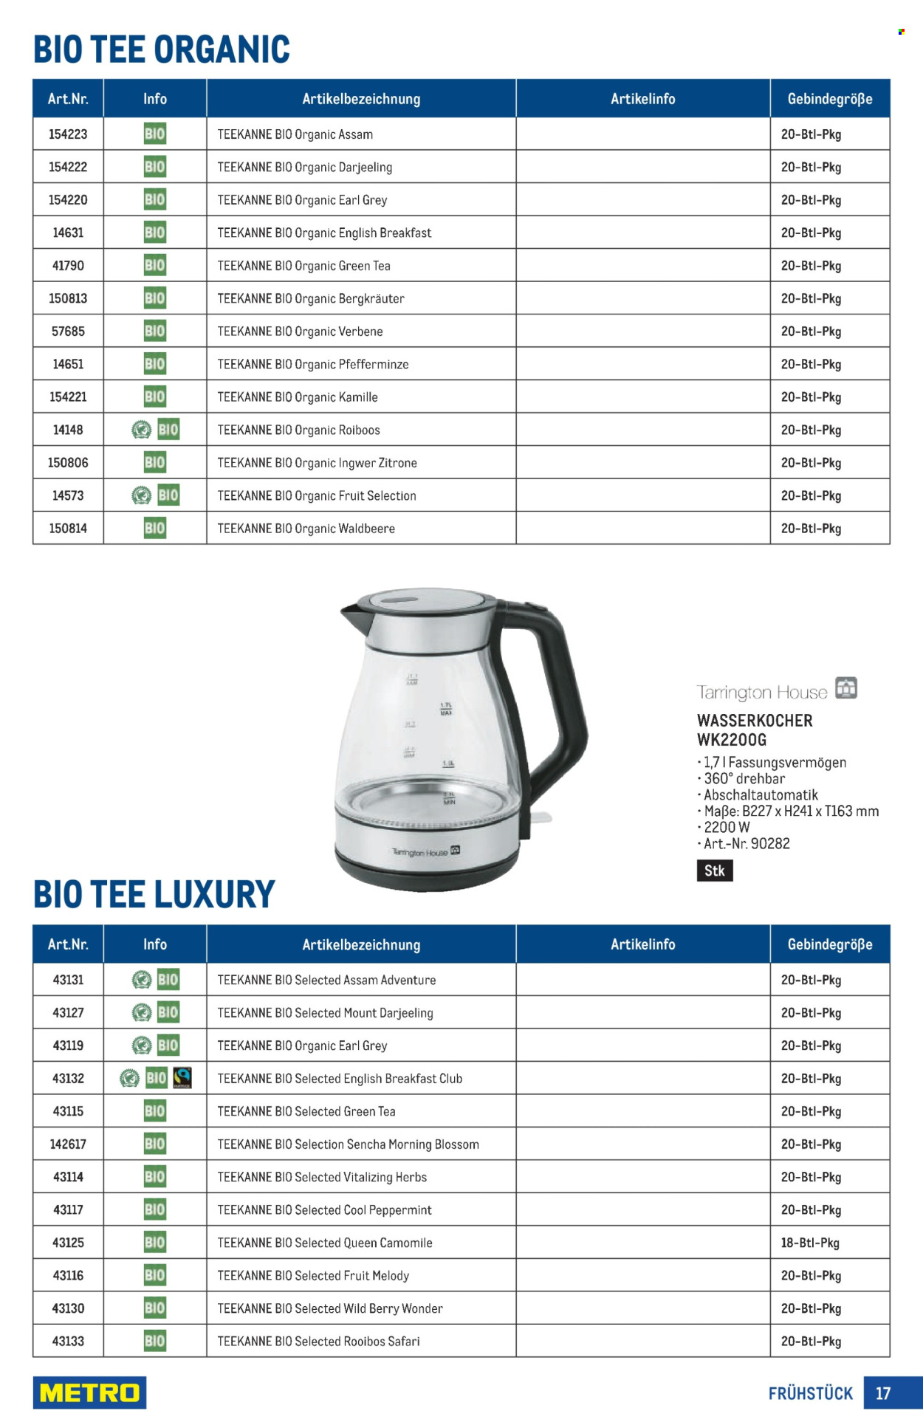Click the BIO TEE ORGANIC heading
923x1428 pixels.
click(162, 49)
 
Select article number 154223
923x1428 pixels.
click(68, 134)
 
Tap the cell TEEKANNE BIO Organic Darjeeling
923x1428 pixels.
click(304, 168)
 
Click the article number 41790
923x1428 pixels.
click(68, 266)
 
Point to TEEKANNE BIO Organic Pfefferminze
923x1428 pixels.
click(312, 365)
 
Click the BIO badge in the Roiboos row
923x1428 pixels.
click(168, 430)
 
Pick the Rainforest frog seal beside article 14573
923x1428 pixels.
click(141, 495)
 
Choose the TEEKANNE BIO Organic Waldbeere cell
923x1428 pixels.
click(306, 529)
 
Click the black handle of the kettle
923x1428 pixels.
click(560, 709)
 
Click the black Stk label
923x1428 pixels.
click(714, 871)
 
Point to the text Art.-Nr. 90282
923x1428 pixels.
click(746, 843)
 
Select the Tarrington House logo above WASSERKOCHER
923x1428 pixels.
click(776, 690)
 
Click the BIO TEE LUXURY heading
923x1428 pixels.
click(154, 895)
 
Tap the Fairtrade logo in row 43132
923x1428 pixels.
click(182, 1078)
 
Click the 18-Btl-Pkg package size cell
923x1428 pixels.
click(810, 1243)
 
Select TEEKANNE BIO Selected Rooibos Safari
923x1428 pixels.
click(318, 1342)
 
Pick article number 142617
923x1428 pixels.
click(68, 1144)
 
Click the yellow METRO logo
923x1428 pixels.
click(89, 1393)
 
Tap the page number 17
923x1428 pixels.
click(883, 1393)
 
